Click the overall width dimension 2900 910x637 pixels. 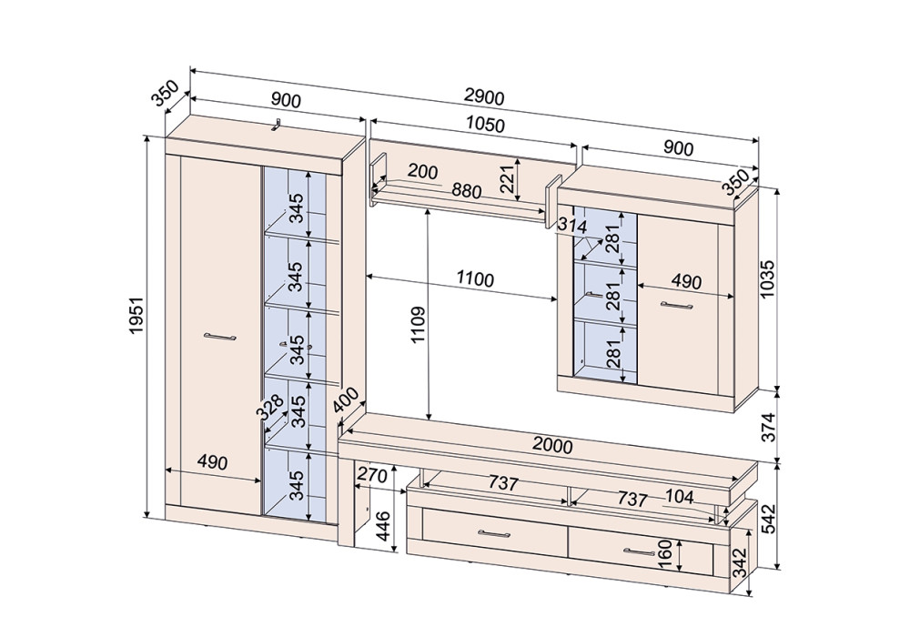pyautogui.click(x=485, y=97)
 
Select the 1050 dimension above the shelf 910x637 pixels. pyautogui.click(x=485, y=124)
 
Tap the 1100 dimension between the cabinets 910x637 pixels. pyautogui.click(x=475, y=279)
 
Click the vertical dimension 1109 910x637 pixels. pyautogui.click(x=419, y=325)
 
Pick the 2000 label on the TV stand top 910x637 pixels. pyautogui.click(x=552, y=445)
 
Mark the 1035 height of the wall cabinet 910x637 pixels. pyautogui.click(x=767, y=279)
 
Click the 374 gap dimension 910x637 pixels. pyautogui.click(x=768, y=427)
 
